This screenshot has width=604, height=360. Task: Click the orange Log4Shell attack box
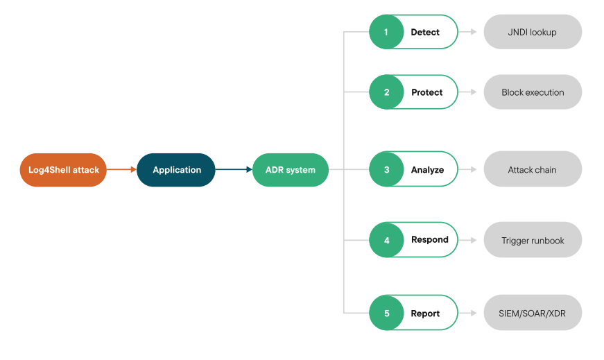click(63, 170)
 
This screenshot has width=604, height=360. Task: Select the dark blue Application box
click(176, 170)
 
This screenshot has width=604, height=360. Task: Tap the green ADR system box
click(290, 170)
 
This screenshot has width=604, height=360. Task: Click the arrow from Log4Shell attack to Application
click(121, 169)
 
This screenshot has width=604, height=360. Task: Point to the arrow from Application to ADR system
click(233, 169)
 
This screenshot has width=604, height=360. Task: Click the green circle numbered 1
click(386, 32)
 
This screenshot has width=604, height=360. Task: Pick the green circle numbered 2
click(386, 92)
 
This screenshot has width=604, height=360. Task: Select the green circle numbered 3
click(386, 170)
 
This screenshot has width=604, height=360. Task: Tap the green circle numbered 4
click(386, 240)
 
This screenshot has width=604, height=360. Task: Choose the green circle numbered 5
click(386, 314)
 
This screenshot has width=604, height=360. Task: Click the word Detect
click(425, 32)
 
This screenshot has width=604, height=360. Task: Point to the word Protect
click(426, 92)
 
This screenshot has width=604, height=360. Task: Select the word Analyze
click(427, 170)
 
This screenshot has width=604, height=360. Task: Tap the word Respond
click(429, 240)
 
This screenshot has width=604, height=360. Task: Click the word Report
click(425, 314)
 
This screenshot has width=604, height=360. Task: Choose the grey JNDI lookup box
click(533, 32)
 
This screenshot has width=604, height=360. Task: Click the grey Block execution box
click(533, 92)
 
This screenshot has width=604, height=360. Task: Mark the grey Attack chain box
click(533, 170)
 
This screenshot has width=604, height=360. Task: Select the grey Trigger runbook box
click(533, 241)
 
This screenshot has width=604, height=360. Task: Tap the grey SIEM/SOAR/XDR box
click(533, 314)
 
